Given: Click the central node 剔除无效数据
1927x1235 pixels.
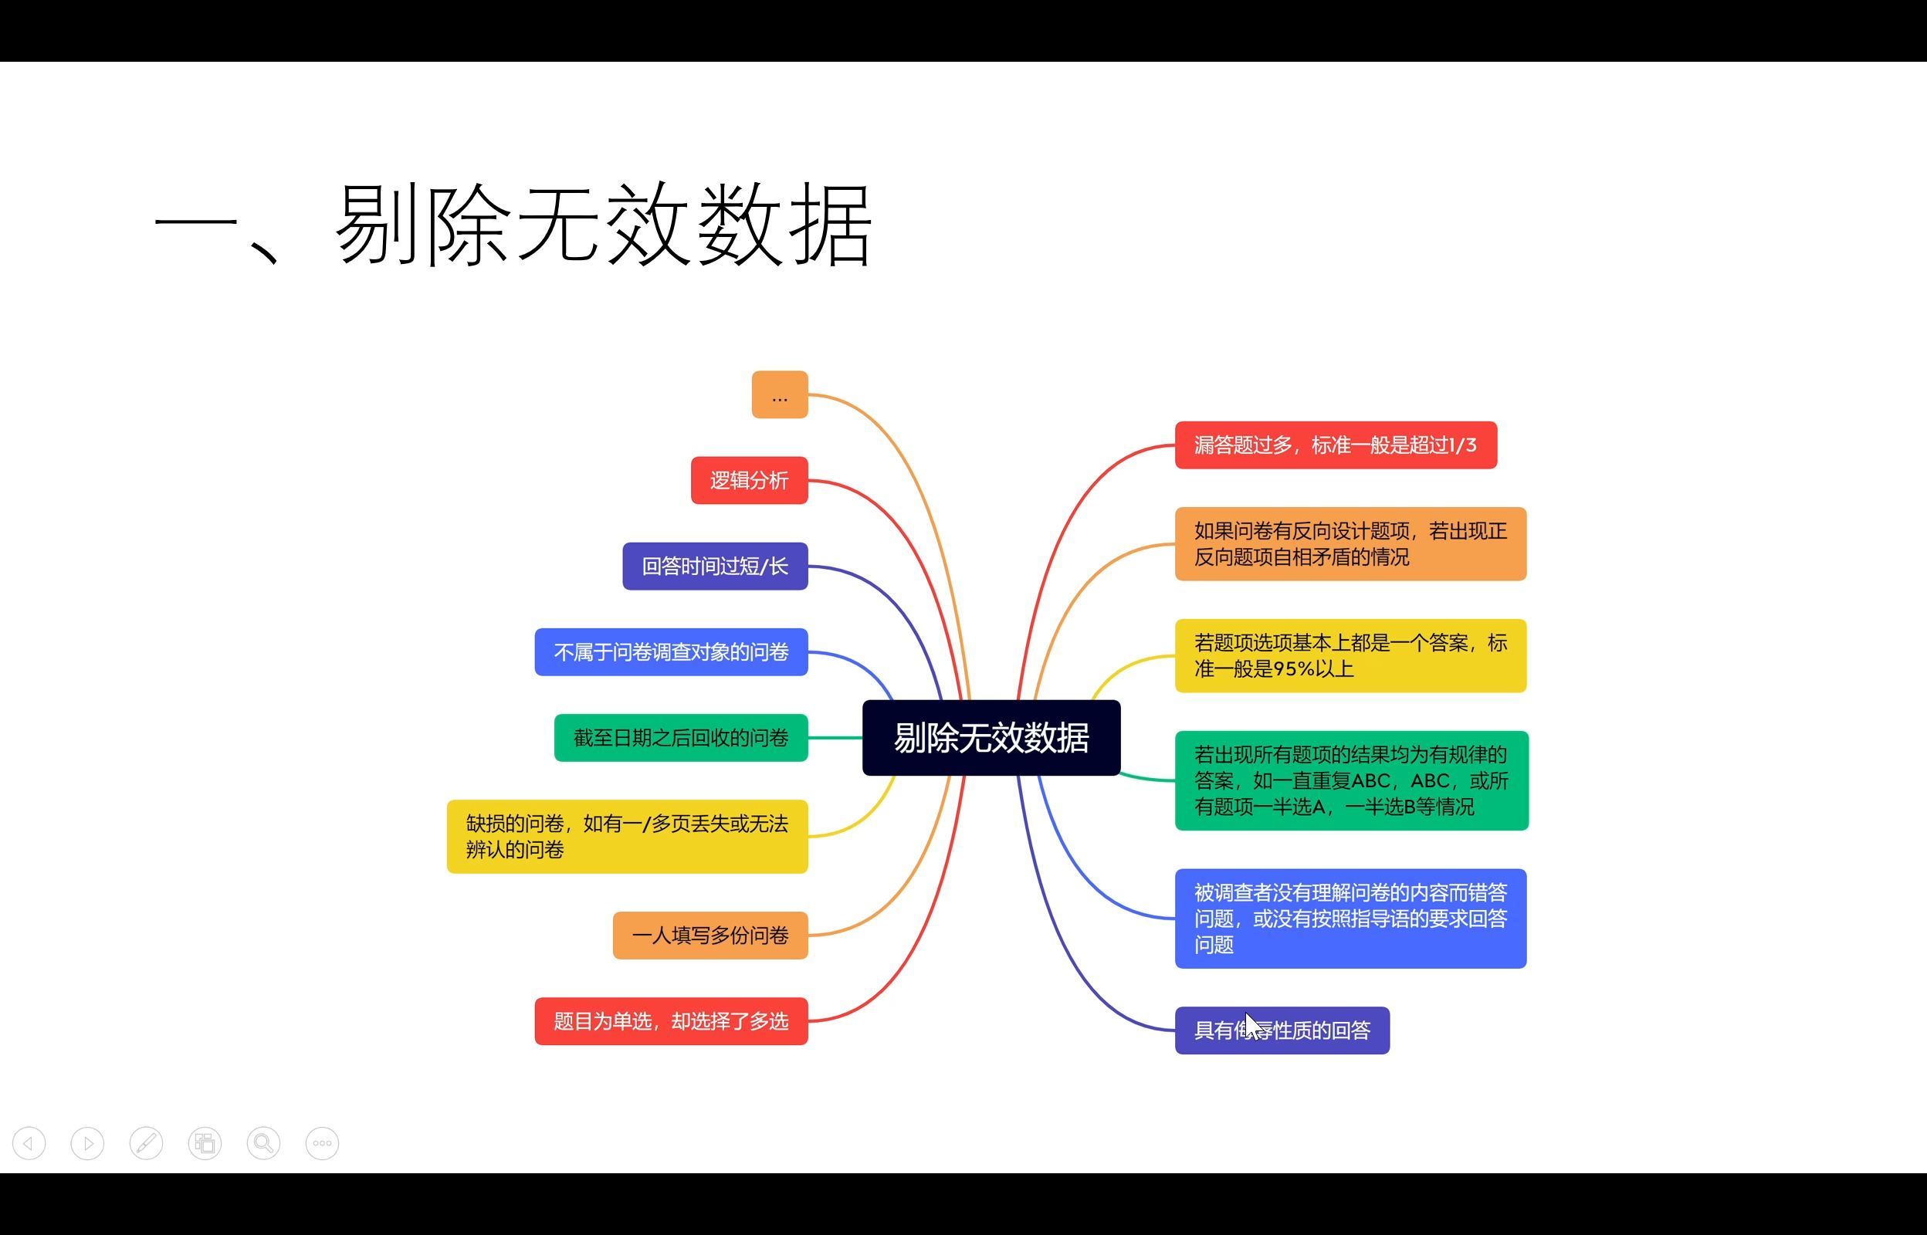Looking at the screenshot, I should coord(991,738).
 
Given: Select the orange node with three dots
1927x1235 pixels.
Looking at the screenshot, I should coord(780,394).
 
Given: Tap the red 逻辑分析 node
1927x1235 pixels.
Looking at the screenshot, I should coord(749,480).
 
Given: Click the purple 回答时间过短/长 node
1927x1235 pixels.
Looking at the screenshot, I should coord(714,567).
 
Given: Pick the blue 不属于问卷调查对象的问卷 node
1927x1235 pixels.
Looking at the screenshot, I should coord(671,652).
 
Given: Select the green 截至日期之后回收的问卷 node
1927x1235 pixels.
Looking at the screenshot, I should coord(681,738).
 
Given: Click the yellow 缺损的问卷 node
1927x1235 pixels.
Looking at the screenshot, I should coord(627,837).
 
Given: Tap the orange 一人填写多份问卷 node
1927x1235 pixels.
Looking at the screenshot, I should coord(710,935).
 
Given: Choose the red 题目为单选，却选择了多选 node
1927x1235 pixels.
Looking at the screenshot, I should coord(671,1021).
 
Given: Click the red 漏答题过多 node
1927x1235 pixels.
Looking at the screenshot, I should coord(1335,445).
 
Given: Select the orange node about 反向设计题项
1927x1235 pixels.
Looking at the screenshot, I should coord(1350,543).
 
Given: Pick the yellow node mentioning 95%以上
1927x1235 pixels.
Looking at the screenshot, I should coord(1350,656).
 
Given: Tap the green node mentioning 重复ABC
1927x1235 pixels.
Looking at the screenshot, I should coord(1351,780).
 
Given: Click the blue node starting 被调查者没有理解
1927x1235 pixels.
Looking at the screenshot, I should coord(1350,919).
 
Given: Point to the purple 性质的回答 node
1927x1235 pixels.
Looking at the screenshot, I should coord(1315,1030).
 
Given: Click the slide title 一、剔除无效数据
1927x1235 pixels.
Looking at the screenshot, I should coord(513,225).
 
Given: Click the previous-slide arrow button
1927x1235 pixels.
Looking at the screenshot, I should coord(29,1143).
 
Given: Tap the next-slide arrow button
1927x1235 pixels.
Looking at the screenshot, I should coord(87,1143).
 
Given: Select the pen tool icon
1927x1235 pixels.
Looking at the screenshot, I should coord(146,1143).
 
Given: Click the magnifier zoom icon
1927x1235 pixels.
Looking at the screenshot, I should coord(263,1143).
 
